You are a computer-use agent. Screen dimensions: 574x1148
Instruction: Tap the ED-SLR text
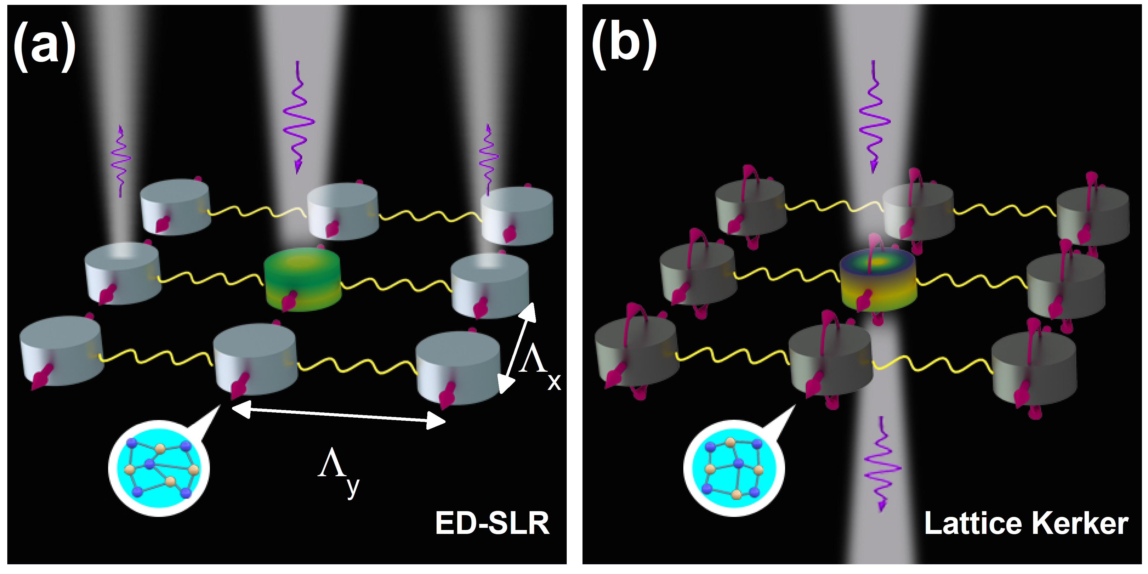pos(492,523)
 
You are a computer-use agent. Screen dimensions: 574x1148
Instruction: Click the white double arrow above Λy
pos(339,415)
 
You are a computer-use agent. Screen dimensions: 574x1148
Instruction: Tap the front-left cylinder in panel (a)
pos(61,350)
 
